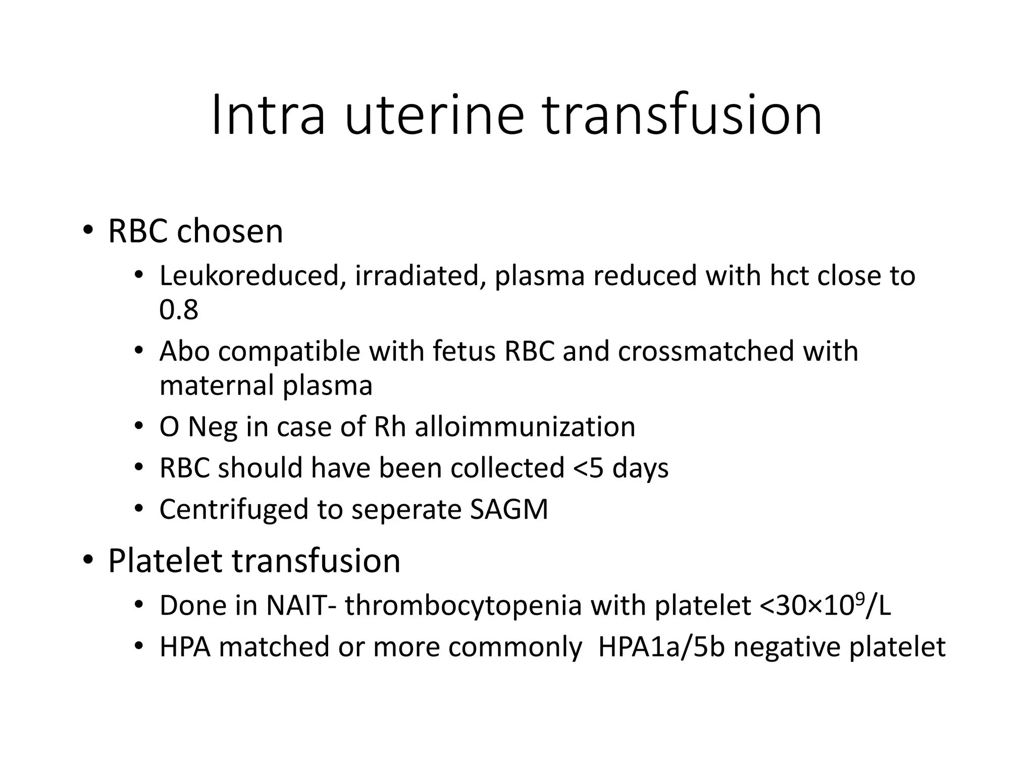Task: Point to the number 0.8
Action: (x=179, y=310)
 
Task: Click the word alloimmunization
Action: (x=525, y=427)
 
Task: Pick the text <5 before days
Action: (x=588, y=468)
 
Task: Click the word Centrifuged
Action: (x=233, y=509)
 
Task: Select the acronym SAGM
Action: (x=509, y=509)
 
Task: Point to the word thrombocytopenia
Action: (x=463, y=606)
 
